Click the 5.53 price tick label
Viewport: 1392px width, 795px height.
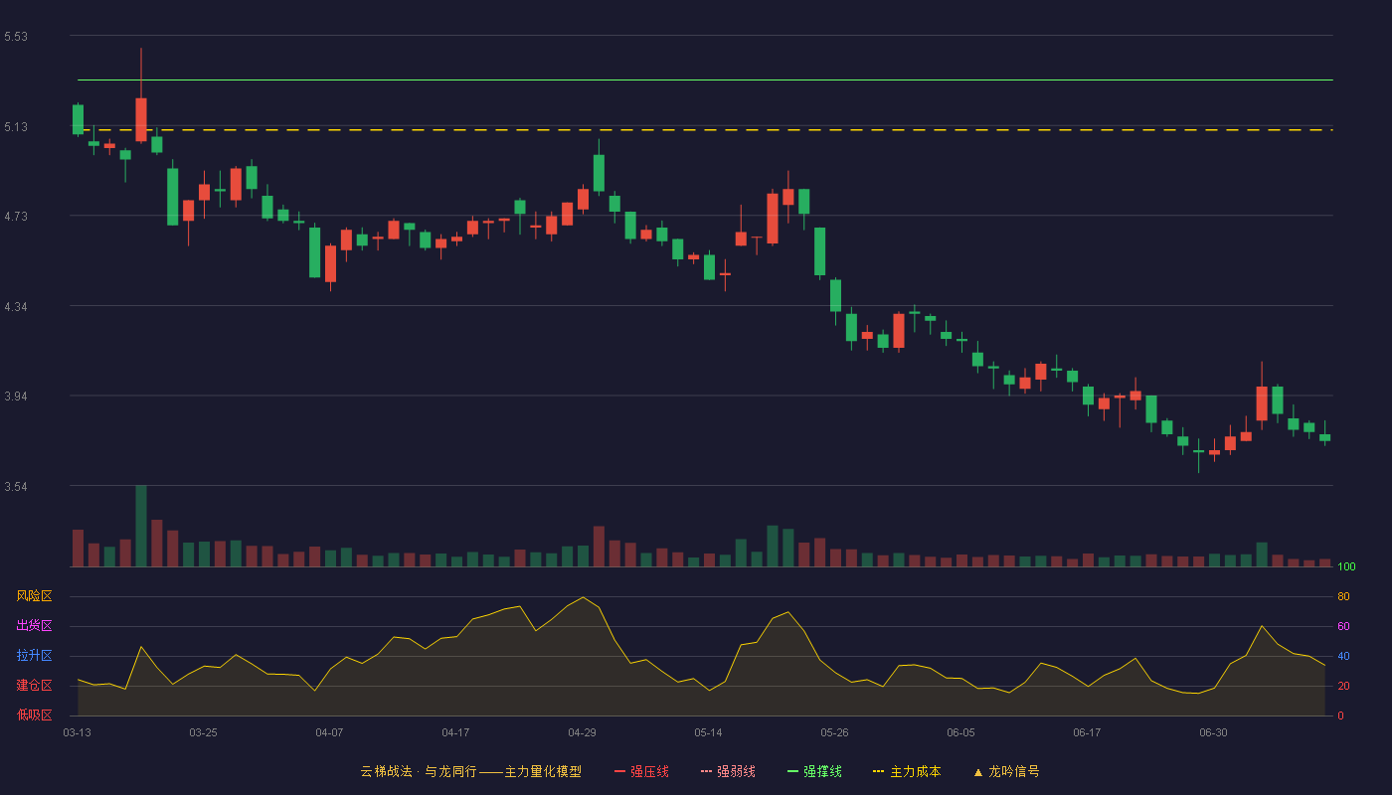point(16,37)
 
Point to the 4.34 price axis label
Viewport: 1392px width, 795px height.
point(16,307)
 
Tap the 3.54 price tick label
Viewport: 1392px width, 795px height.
point(16,486)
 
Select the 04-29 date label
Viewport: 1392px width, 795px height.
point(582,733)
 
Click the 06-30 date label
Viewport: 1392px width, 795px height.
point(1213,733)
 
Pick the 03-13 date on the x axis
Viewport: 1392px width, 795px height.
point(78,733)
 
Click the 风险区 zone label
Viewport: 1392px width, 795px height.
point(34,596)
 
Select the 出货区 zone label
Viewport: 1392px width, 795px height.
point(34,625)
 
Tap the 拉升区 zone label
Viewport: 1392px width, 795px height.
point(34,655)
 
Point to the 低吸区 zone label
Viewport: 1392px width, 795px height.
point(34,715)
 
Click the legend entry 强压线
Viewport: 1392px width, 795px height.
point(641,771)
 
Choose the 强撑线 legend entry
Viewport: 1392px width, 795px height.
point(814,771)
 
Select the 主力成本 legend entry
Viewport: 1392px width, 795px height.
point(907,771)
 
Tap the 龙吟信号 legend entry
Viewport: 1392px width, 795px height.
point(1006,771)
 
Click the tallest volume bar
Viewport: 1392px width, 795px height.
point(141,526)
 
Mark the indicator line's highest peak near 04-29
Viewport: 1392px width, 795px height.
point(583,597)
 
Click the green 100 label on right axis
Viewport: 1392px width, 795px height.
point(1346,566)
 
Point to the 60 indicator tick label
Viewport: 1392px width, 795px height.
point(1343,626)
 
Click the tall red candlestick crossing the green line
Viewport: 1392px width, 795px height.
point(141,95)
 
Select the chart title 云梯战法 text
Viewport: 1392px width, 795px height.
point(387,771)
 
